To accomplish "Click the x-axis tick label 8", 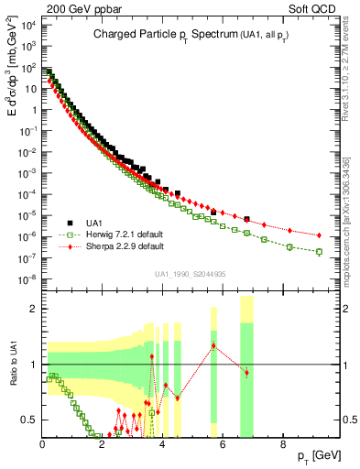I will (x=282, y=445).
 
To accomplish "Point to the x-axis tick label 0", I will (x=43, y=445).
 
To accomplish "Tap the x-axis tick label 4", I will (x=162, y=445).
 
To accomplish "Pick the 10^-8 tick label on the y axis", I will (x=27, y=278).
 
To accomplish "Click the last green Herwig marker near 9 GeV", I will (x=319, y=251).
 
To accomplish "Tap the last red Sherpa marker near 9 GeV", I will (x=319, y=235).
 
